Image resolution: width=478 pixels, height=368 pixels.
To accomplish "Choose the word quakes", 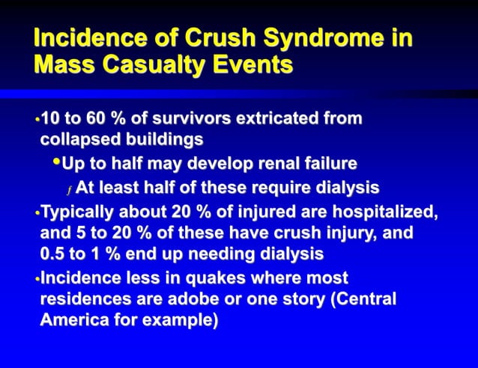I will pos(191,278).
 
